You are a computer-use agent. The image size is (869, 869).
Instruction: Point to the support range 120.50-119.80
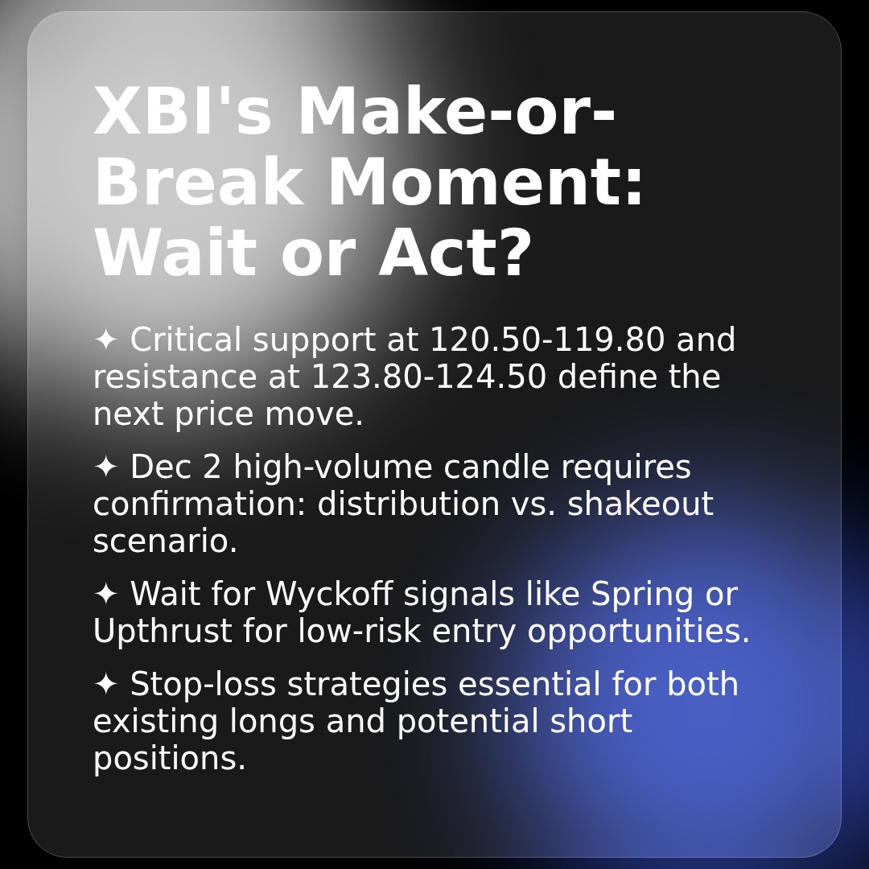[547, 340]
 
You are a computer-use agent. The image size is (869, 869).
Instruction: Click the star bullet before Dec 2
[105, 467]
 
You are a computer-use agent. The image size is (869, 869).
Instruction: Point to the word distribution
[408, 505]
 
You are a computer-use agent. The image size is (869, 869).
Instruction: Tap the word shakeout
[640, 505]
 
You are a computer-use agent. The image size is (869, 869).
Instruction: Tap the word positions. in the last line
[169, 759]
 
